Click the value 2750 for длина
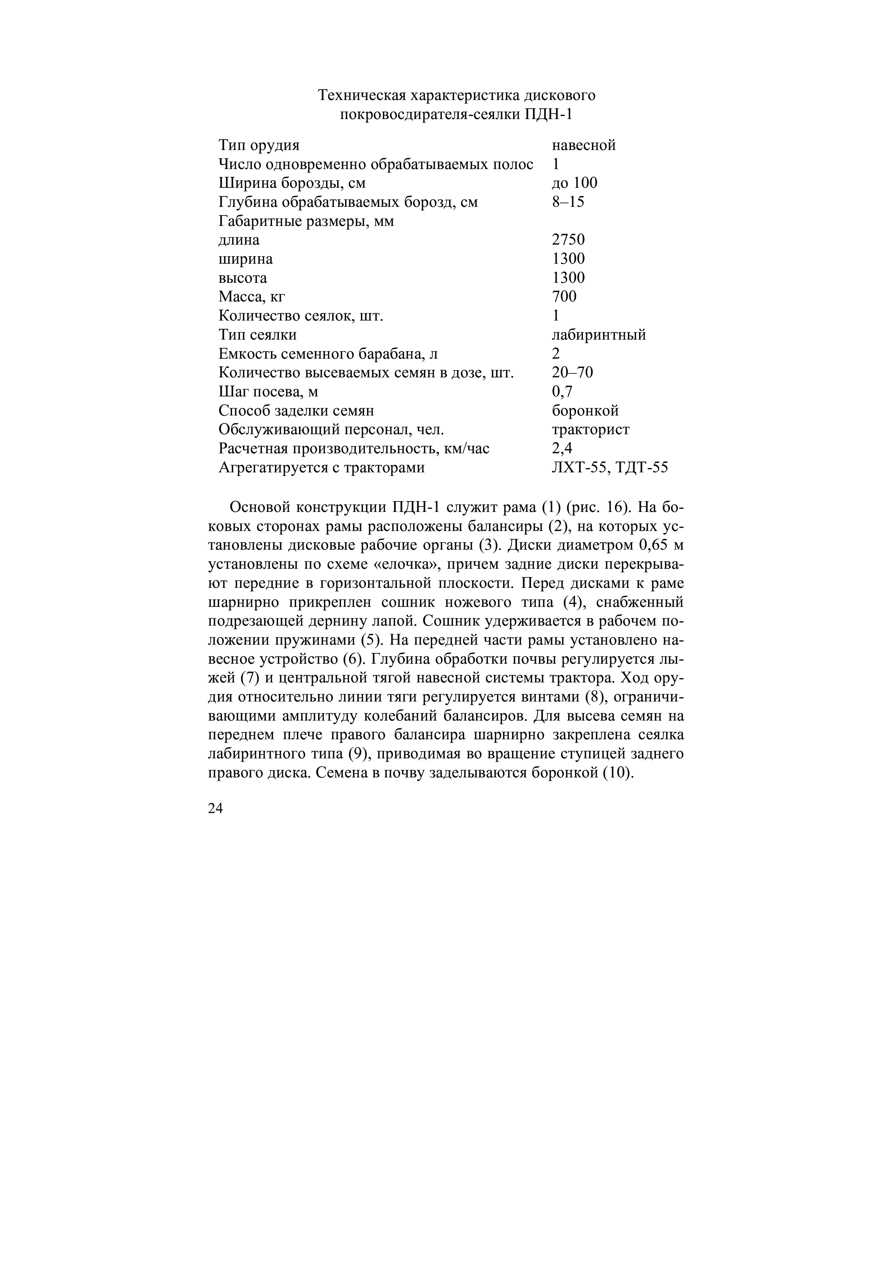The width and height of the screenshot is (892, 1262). tap(568, 240)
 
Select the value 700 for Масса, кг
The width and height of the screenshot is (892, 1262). tap(564, 296)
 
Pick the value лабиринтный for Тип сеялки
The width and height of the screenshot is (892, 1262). tap(598, 335)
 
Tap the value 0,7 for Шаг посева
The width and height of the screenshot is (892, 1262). tap(562, 391)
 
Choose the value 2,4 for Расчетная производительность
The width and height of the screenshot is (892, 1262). tap(562, 449)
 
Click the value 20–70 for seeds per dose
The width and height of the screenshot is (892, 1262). tap(572, 373)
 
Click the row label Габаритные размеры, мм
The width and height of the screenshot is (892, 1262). tap(306, 221)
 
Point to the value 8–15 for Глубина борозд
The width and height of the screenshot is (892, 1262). tap(568, 202)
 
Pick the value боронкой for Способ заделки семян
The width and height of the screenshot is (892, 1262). tap(585, 410)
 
